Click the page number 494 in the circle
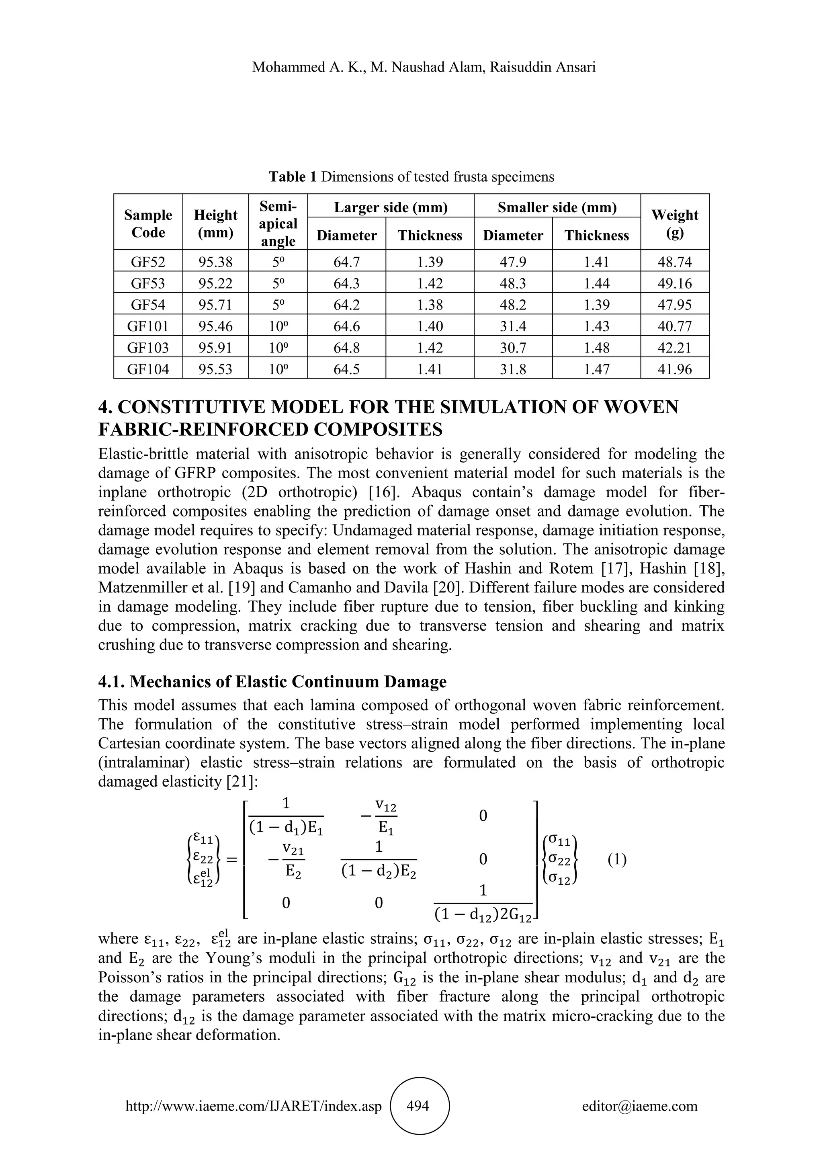coord(418,1106)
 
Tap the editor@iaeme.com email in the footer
coord(639,1106)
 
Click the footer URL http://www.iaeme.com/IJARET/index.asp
coord(254,1106)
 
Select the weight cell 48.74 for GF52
coord(675,262)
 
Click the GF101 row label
coord(148,326)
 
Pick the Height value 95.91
coord(215,348)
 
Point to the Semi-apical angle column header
coord(278,223)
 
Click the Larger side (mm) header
coord(391,207)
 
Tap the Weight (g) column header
coord(675,223)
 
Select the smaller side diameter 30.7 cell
coord(513,348)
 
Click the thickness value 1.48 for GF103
coord(596,348)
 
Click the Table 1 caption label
coord(293,177)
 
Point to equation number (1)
coord(617,860)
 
